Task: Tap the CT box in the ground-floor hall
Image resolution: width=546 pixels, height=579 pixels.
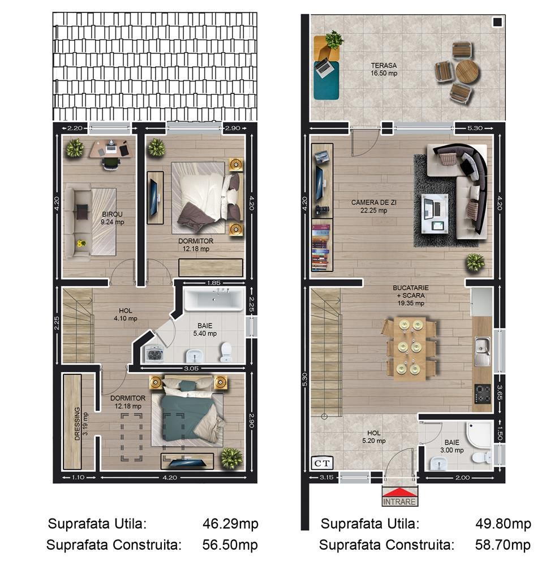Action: click(x=323, y=463)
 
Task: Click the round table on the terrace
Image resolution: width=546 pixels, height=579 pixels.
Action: click(x=467, y=71)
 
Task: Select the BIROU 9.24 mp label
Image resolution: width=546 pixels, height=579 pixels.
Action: click(x=112, y=218)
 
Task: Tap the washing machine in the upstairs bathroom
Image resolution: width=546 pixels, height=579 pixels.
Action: click(x=154, y=354)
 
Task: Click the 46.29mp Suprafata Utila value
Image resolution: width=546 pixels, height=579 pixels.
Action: click(x=230, y=524)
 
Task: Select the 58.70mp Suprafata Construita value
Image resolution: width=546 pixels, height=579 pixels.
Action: click(x=503, y=545)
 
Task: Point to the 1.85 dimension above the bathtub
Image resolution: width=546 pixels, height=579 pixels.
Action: click(x=213, y=282)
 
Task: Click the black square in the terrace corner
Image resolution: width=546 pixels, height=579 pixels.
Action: click(x=497, y=22)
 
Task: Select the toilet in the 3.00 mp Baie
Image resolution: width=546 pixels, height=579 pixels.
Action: click(x=483, y=456)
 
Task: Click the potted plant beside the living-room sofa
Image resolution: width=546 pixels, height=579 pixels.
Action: click(x=475, y=262)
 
